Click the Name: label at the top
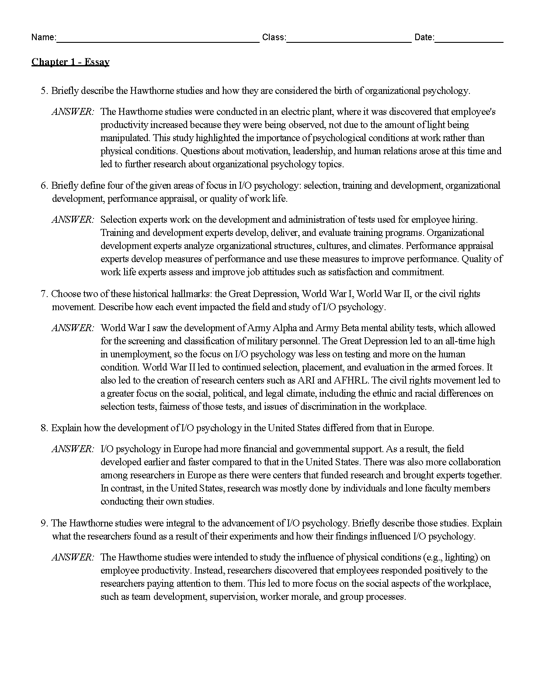(43, 38)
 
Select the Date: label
(424, 38)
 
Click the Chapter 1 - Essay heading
(70, 62)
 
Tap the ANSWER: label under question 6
(73, 220)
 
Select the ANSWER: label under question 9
(73, 557)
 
